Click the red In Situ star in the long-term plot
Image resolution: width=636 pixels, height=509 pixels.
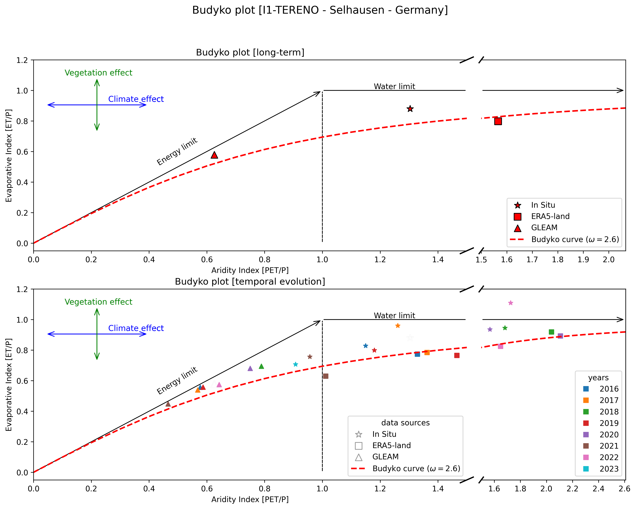click(410, 109)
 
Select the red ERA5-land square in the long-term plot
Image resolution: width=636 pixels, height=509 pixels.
click(498, 121)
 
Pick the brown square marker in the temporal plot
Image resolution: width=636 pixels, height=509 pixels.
click(326, 376)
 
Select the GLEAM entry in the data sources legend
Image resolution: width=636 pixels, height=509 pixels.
click(385, 457)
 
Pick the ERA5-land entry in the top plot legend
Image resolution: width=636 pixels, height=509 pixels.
click(550, 216)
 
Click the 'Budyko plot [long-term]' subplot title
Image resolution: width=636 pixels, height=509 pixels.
click(250, 53)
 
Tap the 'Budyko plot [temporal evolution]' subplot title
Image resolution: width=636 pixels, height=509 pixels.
click(250, 282)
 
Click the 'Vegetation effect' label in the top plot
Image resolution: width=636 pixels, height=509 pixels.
click(98, 73)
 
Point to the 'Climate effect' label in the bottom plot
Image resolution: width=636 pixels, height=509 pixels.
click(136, 328)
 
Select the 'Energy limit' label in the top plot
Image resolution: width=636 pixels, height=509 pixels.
click(177, 152)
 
